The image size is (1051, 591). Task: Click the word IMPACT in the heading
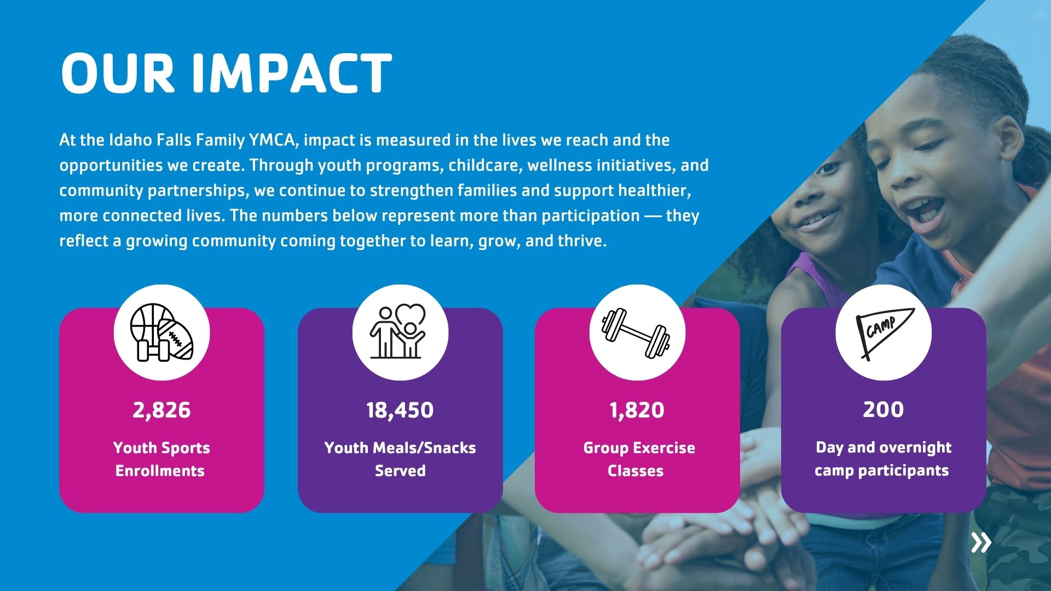point(292,73)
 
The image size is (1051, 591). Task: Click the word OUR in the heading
point(118,73)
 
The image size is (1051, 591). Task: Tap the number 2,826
point(161,410)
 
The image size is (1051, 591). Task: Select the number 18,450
point(400,410)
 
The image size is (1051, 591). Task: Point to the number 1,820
point(637,410)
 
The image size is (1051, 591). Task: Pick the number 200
point(883,409)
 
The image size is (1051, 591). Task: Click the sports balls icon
point(162,333)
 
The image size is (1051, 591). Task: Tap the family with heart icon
point(398,332)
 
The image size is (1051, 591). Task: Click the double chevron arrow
point(981,542)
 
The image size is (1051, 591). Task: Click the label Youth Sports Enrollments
point(161,459)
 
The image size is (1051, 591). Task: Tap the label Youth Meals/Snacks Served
point(400,459)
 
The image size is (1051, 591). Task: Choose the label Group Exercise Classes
point(638,459)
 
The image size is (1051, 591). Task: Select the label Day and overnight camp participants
point(883,459)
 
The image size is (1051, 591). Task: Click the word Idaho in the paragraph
point(130,140)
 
